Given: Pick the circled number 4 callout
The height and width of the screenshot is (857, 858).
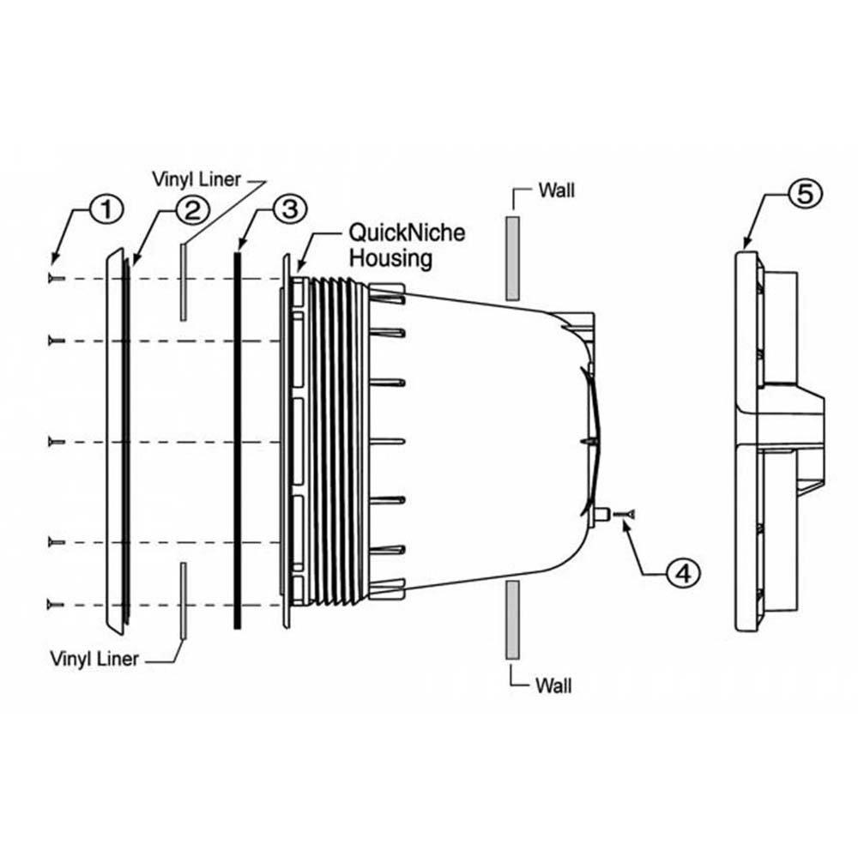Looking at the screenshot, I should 682,572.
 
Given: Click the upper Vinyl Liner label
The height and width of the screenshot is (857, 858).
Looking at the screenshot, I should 196,179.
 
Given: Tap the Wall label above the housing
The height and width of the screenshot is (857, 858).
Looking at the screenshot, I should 556,190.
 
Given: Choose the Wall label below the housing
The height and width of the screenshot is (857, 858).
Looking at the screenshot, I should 553,685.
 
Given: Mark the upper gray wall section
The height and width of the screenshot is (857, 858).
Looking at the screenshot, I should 512,258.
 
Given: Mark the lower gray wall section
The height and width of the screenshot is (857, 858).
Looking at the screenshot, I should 512,619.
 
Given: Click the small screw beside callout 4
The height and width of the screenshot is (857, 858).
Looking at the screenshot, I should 629,513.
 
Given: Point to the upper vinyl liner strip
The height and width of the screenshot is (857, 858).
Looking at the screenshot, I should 183,282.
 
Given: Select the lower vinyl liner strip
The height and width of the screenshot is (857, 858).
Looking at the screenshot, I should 183,601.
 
